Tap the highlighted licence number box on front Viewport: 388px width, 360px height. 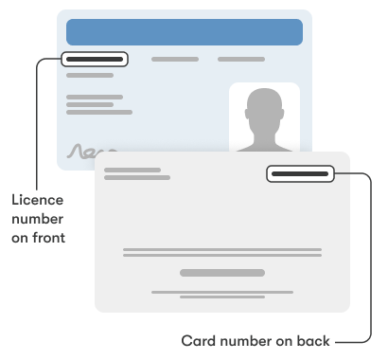click(x=93, y=59)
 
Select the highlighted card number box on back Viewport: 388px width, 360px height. click(x=300, y=173)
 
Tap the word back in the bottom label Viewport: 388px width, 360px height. click(x=312, y=340)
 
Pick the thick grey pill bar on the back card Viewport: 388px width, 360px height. click(x=222, y=273)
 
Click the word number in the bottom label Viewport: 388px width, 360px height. click(x=249, y=340)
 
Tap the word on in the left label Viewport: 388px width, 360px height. click(x=20, y=238)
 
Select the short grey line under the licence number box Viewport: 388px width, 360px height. click(x=90, y=74)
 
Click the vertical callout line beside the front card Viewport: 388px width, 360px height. click(x=36, y=123)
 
